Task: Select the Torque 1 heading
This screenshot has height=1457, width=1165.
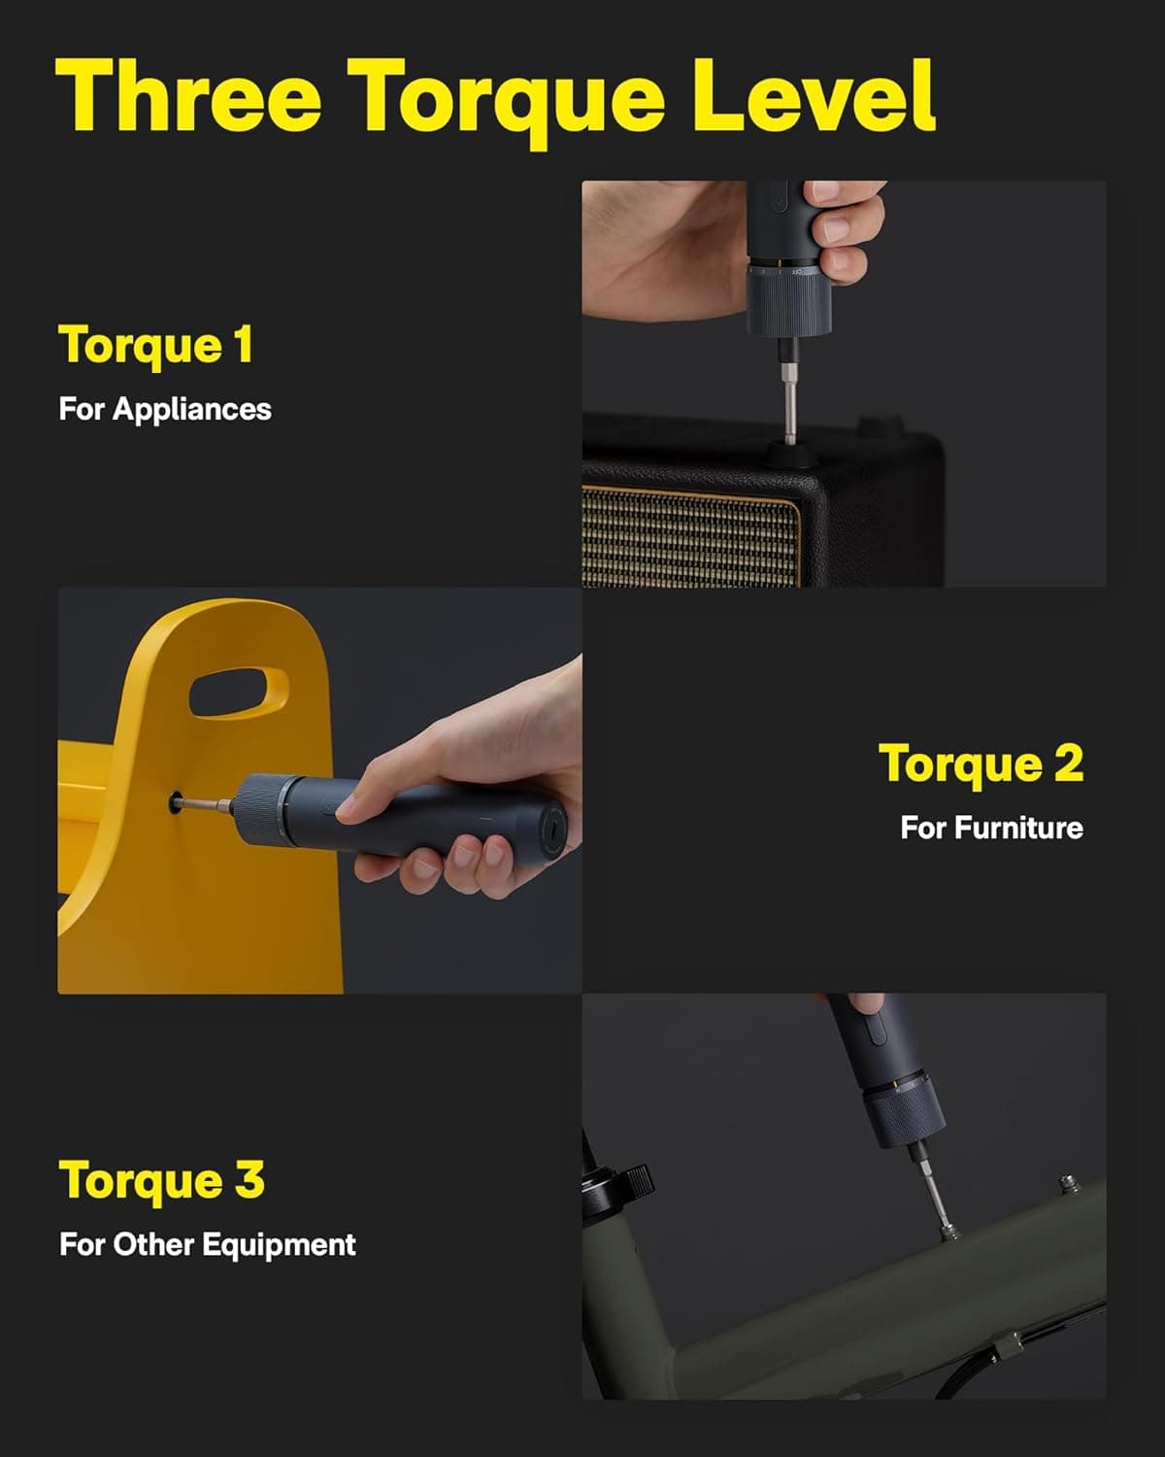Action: point(156,345)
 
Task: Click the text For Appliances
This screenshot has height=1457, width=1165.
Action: point(165,409)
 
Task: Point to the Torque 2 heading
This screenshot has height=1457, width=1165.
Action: point(981,763)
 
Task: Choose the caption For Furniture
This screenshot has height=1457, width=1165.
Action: point(991,828)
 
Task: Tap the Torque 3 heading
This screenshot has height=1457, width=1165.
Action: point(162,1181)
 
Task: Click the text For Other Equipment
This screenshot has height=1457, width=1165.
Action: point(208,1244)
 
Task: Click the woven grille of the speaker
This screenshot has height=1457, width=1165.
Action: point(689,539)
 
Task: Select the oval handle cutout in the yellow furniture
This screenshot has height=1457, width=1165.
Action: point(238,692)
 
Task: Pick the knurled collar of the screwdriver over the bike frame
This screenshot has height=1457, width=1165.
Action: point(903,1117)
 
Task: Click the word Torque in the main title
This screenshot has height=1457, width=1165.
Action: point(506,97)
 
